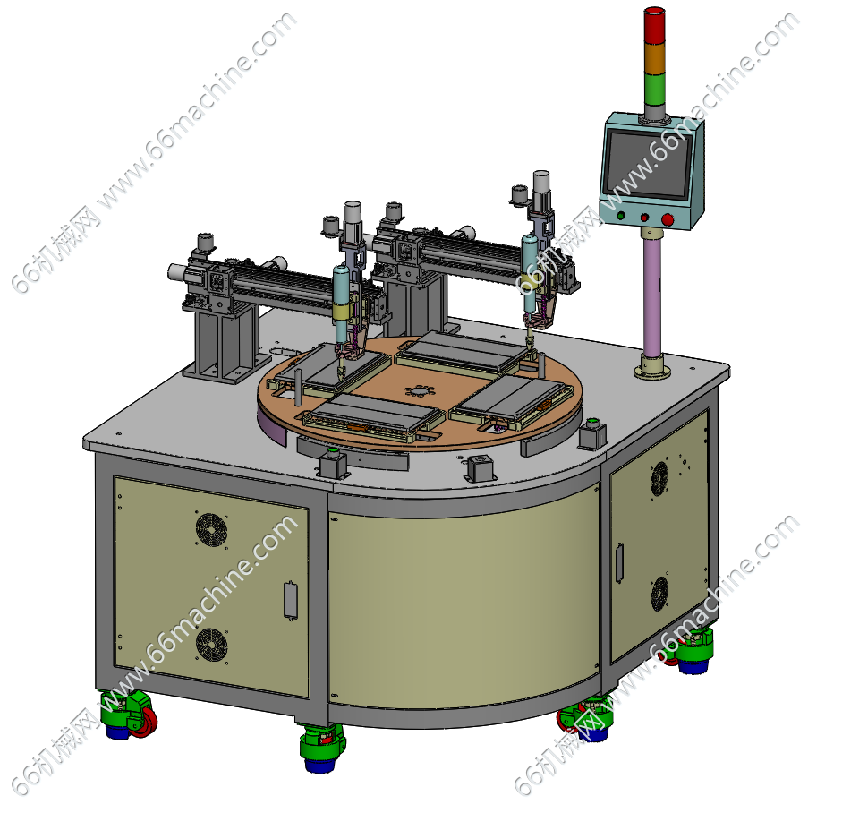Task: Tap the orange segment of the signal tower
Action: click(x=653, y=57)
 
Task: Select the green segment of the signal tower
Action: click(x=653, y=89)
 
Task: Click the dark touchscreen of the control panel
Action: click(x=648, y=163)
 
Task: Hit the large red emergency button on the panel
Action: click(x=668, y=220)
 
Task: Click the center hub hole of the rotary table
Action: click(x=419, y=391)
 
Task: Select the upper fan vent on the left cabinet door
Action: click(x=211, y=529)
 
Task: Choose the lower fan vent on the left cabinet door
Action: click(x=211, y=644)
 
